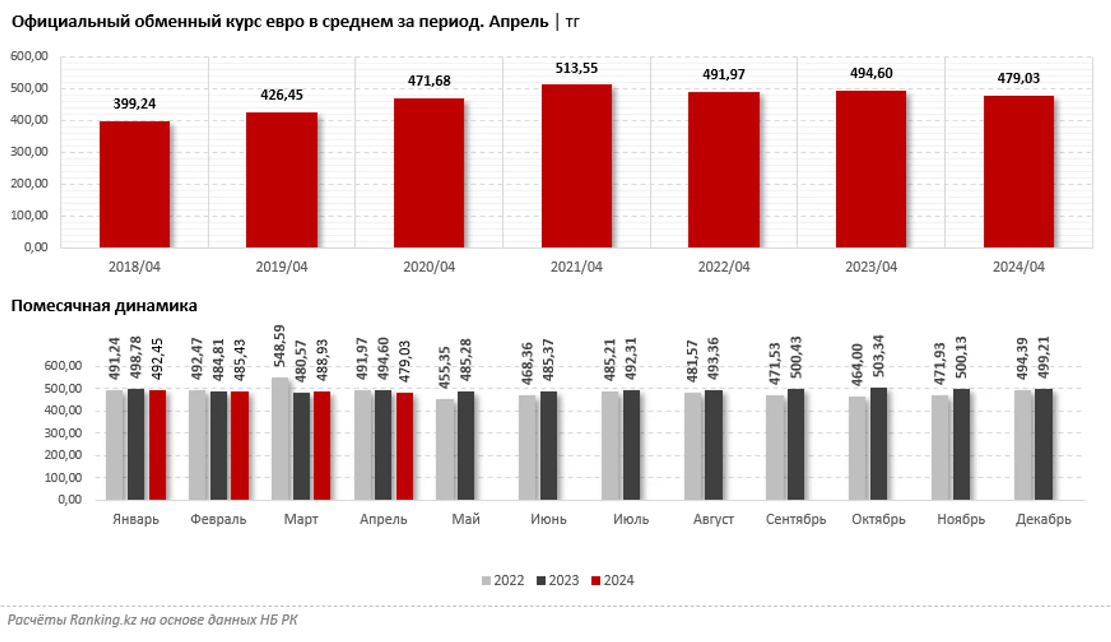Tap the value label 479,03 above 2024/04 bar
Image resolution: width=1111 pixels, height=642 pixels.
(1018, 78)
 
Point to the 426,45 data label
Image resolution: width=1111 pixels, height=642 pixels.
(281, 95)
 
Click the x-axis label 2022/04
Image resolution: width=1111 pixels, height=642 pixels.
(724, 267)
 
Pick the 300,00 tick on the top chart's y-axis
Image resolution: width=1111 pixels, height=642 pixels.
(29, 152)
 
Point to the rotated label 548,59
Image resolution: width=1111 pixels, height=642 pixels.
(279, 346)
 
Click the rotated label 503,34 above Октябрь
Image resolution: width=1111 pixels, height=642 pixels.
(879, 356)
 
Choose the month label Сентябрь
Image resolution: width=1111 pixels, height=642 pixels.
(796, 519)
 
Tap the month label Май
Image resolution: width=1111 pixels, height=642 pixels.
(465, 519)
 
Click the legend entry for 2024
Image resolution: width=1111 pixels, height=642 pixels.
(613, 580)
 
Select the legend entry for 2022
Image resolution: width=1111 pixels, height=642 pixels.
(503, 580)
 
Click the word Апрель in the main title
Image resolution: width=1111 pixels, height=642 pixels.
(518, 22)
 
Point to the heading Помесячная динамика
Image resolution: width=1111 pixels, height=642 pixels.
(104, 306)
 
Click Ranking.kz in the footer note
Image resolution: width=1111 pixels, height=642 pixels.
(103, 620)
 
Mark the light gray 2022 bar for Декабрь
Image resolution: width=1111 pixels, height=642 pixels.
(1023, 444)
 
